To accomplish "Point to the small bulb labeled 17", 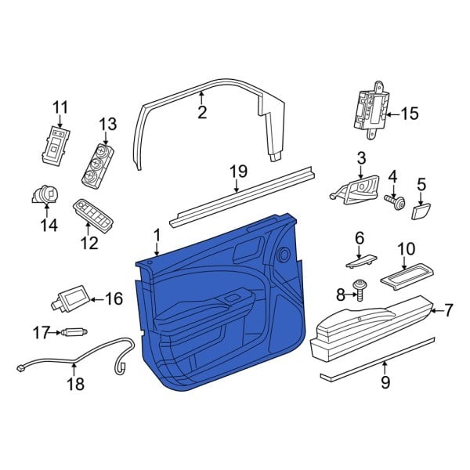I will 74,333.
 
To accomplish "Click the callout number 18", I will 74,384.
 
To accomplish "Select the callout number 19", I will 238,171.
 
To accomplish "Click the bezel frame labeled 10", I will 407,273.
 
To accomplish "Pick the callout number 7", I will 448,311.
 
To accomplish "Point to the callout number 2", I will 201,113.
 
